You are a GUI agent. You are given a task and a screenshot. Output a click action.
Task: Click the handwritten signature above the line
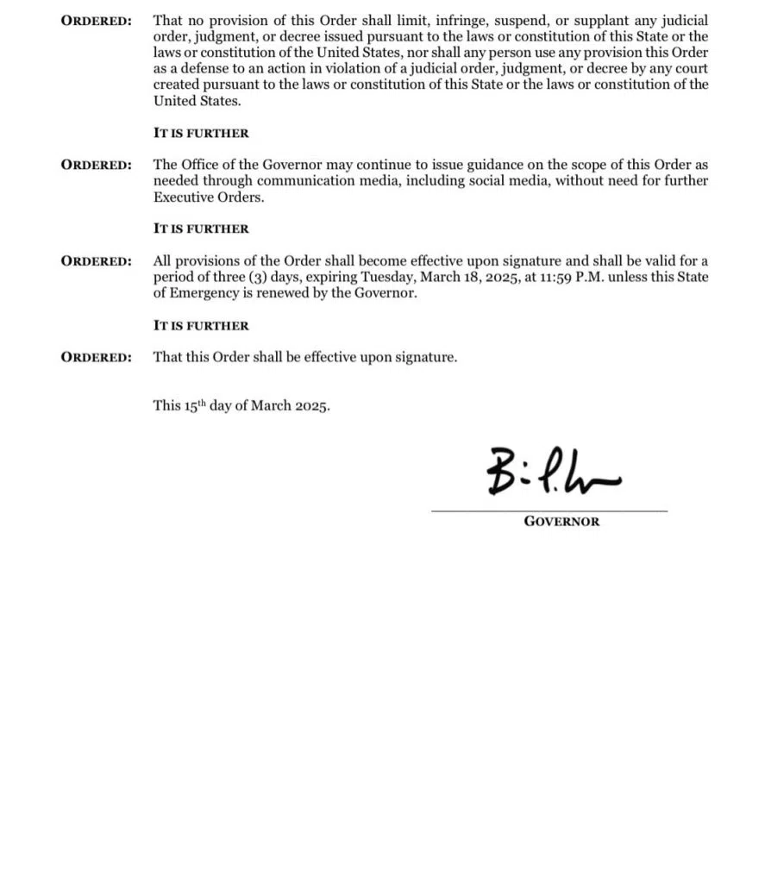[x=552, y=473]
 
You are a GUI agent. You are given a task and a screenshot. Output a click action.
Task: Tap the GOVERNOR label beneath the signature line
[x=561, y=522]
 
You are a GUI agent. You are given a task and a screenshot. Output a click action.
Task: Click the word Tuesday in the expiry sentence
[x=386, y=277]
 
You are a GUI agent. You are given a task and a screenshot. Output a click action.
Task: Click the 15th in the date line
[x=195, y=405]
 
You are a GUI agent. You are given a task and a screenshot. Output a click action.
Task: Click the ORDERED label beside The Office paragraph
[x=96, y=165]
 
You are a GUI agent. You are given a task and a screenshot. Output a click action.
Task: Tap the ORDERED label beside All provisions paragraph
[x=96, y=261]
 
